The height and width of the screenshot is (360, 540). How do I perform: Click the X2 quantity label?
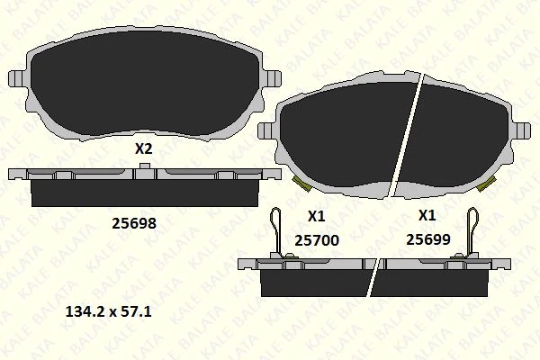(x=143, y=150)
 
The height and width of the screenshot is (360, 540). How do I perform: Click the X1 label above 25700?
(x=316, y=216)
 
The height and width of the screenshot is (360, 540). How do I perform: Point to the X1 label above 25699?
(x=427, y=216)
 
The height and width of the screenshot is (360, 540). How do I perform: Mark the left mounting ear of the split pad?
(x=266, y=130)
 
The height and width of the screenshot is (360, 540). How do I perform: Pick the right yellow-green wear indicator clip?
(x=489, y=185)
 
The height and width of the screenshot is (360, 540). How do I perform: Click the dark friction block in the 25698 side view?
(x=144, y=192)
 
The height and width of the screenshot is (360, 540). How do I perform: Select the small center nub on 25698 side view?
(x=144, y=174)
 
